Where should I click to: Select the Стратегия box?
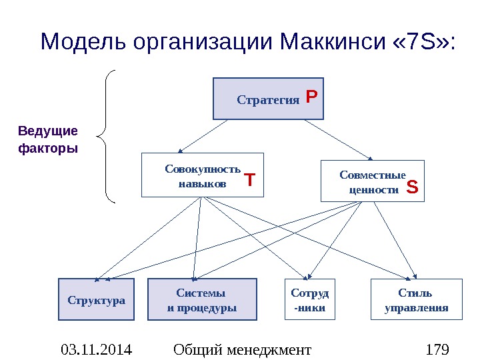[268, 99]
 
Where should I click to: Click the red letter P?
[311, 98]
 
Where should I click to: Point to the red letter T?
[249, 181]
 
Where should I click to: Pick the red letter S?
[412, 189]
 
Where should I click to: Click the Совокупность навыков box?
[203, 175]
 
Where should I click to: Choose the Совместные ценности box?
[372, 181]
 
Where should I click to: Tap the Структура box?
[96, 300]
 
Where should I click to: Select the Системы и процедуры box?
[201, 300]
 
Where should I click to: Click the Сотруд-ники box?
[310, 300]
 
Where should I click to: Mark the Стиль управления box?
[416, 300]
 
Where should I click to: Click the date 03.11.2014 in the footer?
[96, 349]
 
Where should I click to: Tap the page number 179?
[437, 349]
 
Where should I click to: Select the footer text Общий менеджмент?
[241, 349]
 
